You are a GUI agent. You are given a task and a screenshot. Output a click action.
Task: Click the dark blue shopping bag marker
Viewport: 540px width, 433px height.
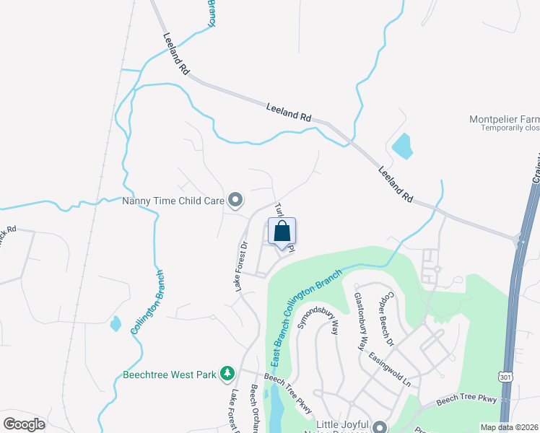282,232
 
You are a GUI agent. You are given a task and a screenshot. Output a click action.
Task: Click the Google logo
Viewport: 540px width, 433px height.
25,424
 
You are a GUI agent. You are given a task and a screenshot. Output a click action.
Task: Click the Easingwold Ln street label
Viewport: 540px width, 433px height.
396,369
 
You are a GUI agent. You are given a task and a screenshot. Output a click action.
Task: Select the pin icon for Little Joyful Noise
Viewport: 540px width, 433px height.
378,427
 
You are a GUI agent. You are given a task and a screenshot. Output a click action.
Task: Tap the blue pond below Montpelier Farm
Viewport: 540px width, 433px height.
402,146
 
